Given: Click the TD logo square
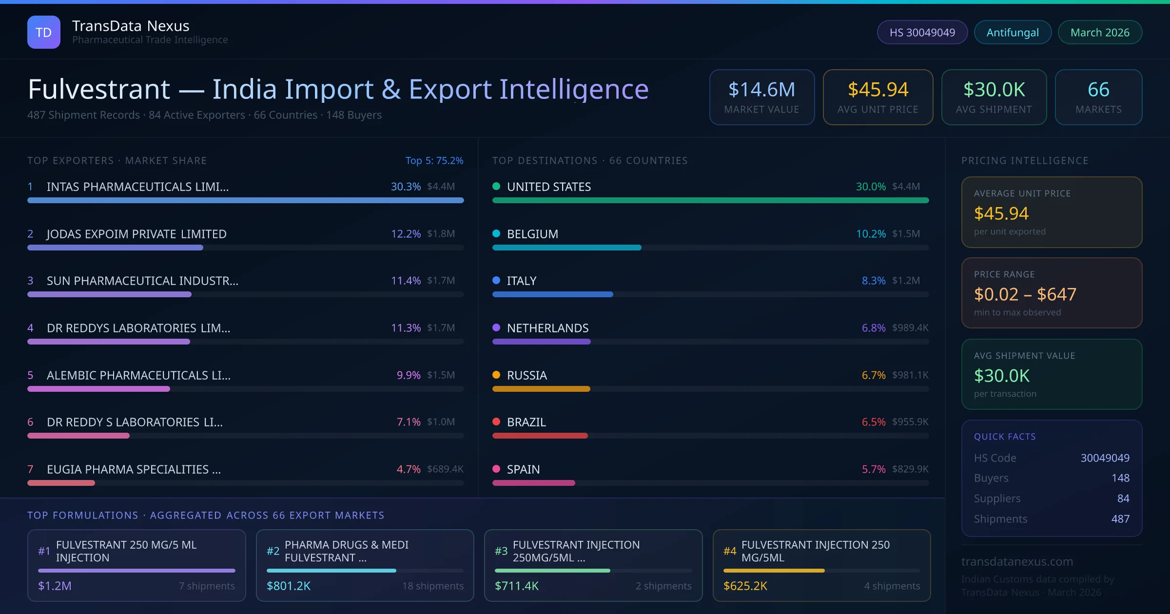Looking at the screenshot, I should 44,32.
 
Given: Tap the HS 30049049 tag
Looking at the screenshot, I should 922,32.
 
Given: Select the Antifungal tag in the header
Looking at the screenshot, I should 1012,32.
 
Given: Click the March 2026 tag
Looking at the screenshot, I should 1099,32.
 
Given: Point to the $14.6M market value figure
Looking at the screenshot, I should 761,90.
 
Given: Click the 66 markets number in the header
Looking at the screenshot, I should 1098,90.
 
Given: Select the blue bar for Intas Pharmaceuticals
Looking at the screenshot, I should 245,200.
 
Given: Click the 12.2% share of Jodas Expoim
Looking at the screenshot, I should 406,234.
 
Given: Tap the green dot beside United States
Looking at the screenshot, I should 496,186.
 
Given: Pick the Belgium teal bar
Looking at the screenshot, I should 566,248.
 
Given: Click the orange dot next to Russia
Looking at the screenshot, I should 496,375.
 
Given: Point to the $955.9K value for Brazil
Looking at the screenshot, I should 910,422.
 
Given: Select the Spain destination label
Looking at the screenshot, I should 523,469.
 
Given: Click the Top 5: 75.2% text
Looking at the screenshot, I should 434,160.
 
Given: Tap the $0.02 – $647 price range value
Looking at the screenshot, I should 1025,294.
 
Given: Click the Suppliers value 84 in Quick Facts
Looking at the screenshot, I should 1123,498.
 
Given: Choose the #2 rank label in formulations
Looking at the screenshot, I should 273,551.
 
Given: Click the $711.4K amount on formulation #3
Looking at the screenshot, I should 516,586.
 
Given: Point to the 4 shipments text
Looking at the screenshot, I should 892,586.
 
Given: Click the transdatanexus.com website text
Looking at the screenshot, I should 1017,561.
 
